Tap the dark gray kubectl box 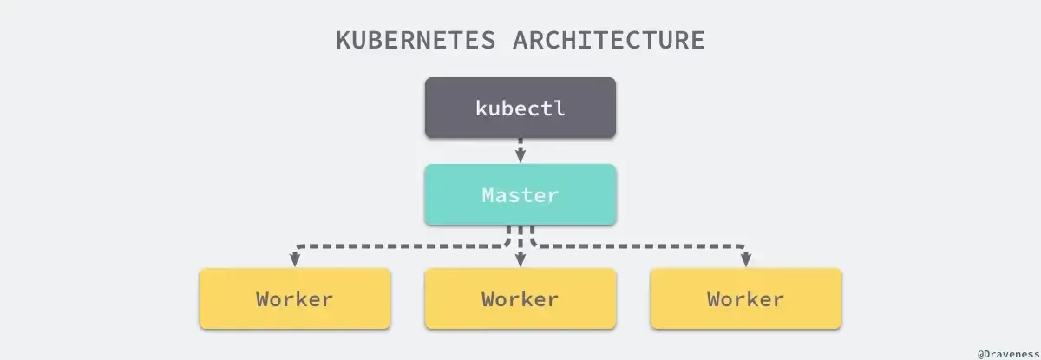click(x=520, y=108)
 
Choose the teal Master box click(x=520, y=194)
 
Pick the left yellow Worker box click(x=295, y=298)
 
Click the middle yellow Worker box click(x=520, y=298)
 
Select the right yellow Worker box click(x=746, y=298)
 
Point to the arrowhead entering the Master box click(x=520, y=157)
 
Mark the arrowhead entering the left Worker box click(x=295, y=260)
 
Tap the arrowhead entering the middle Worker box click(x=520, y=260)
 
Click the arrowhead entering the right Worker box click(x=746, y=260)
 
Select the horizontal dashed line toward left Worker click(x=399, y=245)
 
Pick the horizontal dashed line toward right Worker click(x=642, y=245)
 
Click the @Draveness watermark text click(x=1007, y=353)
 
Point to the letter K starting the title click(x=344, y=41)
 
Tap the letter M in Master click(x=488, y=195)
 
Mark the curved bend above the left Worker click(x=298, y=247)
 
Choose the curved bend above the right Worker click(x=743, y=247)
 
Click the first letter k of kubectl click(x=482, y=108)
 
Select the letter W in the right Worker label click(x=714, y=299)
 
